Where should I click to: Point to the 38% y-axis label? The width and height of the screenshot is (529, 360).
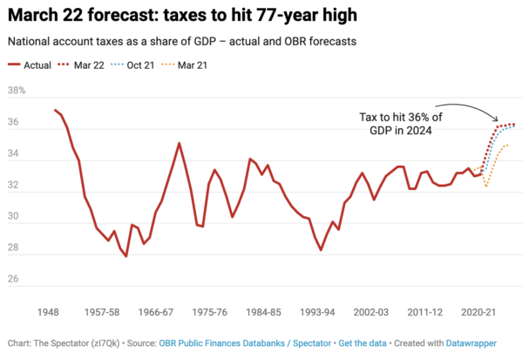(x=17, y=91)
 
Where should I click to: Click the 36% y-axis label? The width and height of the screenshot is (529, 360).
(x=17, y=122)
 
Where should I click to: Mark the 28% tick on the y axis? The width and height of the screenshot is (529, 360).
(x=17, y=249)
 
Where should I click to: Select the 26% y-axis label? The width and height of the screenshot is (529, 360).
(x=17, y=281)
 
